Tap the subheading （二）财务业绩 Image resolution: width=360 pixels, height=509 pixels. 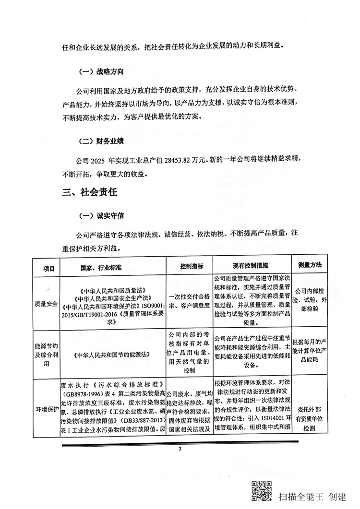(x=101, y=142)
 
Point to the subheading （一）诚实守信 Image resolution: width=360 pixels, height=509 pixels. (x=101, y=217)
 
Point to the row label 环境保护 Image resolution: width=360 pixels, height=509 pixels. (x=46, y=409)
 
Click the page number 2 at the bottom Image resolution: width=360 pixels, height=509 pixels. (x=180, y=450)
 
